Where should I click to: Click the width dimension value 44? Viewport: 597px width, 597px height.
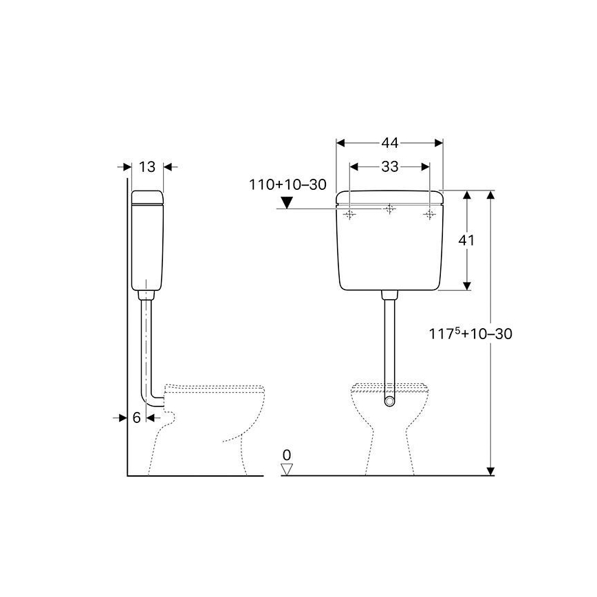390,143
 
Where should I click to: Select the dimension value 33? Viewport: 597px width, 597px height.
390,166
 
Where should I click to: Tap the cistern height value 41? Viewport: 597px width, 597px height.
468,240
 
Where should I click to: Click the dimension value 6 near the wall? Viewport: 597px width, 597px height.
136,417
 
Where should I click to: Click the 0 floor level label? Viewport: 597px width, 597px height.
287,455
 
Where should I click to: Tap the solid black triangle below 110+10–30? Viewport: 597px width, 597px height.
287,202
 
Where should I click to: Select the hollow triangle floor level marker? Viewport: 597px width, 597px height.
287,469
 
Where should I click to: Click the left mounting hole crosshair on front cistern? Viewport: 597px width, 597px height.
350,215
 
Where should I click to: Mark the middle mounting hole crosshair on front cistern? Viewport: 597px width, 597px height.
390,208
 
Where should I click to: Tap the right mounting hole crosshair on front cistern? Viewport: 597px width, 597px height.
430,215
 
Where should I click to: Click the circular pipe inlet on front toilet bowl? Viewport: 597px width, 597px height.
390,401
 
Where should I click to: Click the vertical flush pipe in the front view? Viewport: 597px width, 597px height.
390,337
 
